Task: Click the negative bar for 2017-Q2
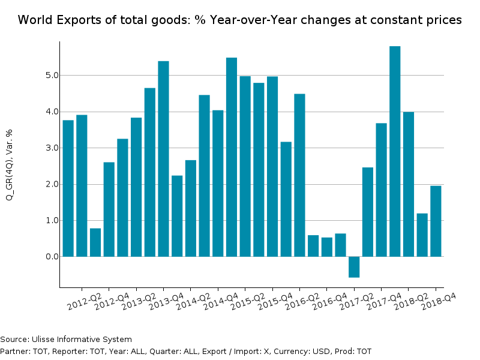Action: (x=354, y=267)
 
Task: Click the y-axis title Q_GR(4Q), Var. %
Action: (x=9, y=164)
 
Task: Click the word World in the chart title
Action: (x=34, y=20)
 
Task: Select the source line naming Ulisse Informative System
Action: (x=66, y=340)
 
